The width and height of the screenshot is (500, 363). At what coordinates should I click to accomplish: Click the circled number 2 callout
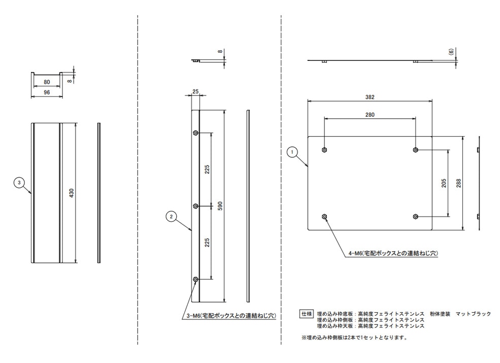click(171, 217)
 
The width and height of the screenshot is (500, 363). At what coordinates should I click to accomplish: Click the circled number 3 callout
click(19, 182)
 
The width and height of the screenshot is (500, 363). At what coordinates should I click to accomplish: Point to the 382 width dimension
click(369, 97)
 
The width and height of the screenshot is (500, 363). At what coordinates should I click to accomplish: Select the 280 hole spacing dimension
click(369, 115)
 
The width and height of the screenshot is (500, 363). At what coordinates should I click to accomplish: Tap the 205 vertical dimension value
click(444, 183)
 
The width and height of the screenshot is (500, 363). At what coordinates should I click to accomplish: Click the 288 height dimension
click(459, 183)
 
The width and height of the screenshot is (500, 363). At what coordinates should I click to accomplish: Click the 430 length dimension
click(72, 193)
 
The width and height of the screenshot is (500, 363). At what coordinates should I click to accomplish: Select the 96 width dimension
click(47, 93)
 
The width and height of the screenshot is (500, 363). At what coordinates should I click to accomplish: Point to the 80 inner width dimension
click(47, 82)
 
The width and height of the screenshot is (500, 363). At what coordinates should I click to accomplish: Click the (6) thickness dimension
click(451, 51)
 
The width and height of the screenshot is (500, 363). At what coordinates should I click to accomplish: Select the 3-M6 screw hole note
click(228, 316)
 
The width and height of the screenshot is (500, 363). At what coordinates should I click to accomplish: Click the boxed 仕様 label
click(307, 313)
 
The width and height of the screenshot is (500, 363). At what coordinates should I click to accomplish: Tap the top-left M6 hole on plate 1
click(324, 150)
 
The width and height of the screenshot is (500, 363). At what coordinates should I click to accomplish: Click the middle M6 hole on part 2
click(196, 206)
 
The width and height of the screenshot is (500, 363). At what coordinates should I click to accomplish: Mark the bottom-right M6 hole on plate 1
click(416, 217)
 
